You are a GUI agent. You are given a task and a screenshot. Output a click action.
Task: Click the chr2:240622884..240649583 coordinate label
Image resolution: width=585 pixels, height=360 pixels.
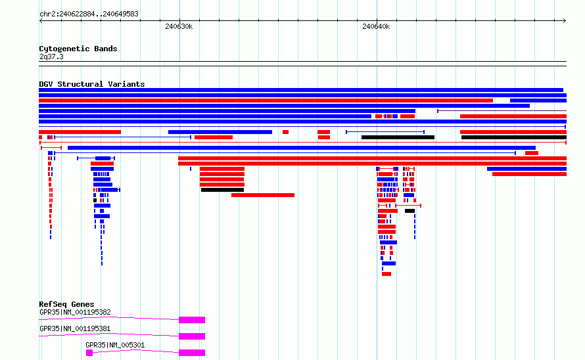coord(89,14)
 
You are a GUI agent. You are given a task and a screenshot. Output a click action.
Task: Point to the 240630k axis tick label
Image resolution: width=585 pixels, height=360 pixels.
coord(179,26)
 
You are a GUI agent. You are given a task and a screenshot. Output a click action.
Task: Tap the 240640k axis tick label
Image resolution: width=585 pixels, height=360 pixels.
coord(376,26)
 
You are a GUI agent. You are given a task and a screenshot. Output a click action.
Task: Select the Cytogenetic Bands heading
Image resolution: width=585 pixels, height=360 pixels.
coord(78,49)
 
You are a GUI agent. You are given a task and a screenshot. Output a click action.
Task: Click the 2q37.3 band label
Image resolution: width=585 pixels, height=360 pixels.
coord(51,56)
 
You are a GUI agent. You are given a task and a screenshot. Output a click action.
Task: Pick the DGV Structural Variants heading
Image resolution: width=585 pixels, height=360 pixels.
coord(92,84)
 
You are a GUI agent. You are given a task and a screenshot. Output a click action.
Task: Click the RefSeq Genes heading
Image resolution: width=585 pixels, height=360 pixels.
coord(66,304)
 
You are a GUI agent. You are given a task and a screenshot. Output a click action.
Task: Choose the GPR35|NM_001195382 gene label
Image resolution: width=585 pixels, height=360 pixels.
coord(75,312)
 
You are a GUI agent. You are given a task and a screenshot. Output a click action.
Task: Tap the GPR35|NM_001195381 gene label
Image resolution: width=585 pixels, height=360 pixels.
coord(75,328)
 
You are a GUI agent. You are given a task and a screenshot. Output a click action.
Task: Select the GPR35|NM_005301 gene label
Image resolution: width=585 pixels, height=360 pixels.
coord(115,345)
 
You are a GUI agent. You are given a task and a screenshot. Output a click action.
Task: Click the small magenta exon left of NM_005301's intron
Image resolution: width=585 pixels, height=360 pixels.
coord(89,353)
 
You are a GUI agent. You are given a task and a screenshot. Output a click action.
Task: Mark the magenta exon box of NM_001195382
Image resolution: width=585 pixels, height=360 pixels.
coord(192,320)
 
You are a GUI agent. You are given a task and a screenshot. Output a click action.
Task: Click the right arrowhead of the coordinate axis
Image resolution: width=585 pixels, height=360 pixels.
coord(565,20)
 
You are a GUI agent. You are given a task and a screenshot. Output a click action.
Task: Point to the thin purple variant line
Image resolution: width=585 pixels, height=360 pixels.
coord(502,111)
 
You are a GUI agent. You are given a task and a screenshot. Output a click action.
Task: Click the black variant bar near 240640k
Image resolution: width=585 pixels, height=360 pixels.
coord(398,137)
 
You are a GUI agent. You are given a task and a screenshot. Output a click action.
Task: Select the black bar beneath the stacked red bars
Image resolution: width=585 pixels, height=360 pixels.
coord(222,190)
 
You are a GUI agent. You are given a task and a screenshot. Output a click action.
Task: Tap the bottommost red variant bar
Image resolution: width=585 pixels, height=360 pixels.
coord(386,274)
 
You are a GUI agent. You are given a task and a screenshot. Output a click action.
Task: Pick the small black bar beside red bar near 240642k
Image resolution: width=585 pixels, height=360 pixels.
coord(410,211)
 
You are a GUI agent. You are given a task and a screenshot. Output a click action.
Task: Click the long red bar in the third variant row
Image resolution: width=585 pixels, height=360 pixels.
coord(266,101)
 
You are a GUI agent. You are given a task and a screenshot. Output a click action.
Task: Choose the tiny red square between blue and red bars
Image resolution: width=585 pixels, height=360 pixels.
coord(285,132)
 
